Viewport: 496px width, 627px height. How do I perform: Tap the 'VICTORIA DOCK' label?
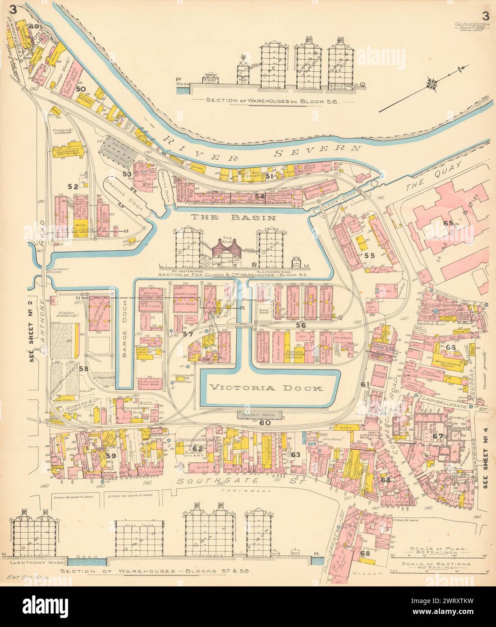coord(266,388)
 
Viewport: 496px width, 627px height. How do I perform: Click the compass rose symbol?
coord(432,83)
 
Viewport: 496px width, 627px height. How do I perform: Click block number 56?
coord(301,325)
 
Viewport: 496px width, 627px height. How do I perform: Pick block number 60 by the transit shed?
coord(265,423)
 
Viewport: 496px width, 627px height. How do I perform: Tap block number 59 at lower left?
coord(111,456)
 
